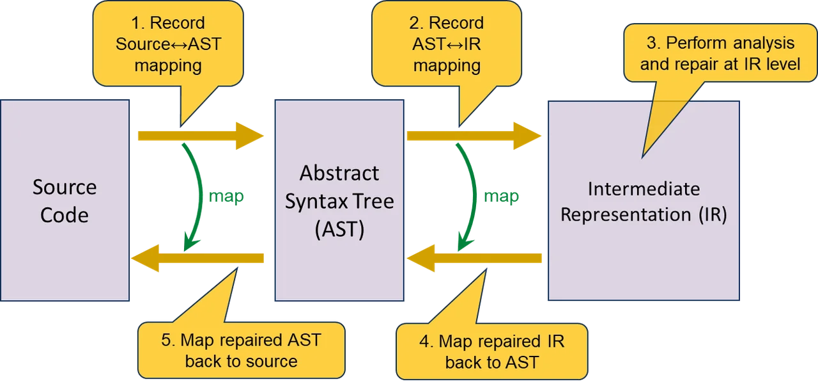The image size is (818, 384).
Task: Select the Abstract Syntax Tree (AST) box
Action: (x=339, y=269)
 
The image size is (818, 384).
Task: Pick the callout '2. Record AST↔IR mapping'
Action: (x=446, y=45)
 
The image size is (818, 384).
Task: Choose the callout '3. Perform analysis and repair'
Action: (x=720, y=54)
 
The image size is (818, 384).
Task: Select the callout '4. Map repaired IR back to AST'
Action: (x=491, y=351)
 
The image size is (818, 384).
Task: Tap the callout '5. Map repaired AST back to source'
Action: (x=241, y=351)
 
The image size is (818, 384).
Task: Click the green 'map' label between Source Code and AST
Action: (x=226, y=196)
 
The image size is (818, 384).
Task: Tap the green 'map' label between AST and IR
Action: (x=501, y=196)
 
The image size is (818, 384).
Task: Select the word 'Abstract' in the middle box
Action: (x=339, y=173)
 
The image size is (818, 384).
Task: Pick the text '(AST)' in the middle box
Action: (x=339, y=229)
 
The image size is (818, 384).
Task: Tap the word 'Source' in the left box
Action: (x=65, y=188)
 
